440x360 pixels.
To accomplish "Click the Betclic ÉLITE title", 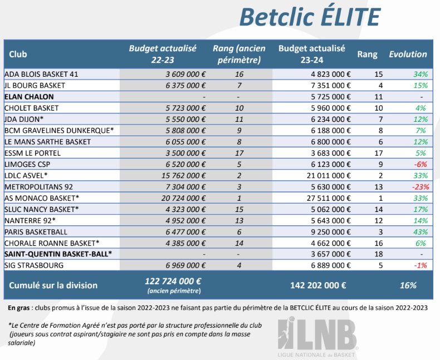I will [309, 17].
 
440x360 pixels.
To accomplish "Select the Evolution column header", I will [408, 55].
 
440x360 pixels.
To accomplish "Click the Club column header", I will [18, 55].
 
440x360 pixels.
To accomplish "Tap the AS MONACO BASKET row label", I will [42, 198].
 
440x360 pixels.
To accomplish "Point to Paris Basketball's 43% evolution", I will [420, 231].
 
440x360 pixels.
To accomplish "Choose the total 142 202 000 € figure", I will [318, 285].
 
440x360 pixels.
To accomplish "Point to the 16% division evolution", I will [408, 285].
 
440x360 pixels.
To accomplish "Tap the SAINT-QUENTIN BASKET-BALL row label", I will [58, 254].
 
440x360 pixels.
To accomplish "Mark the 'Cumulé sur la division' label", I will [53, 285].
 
